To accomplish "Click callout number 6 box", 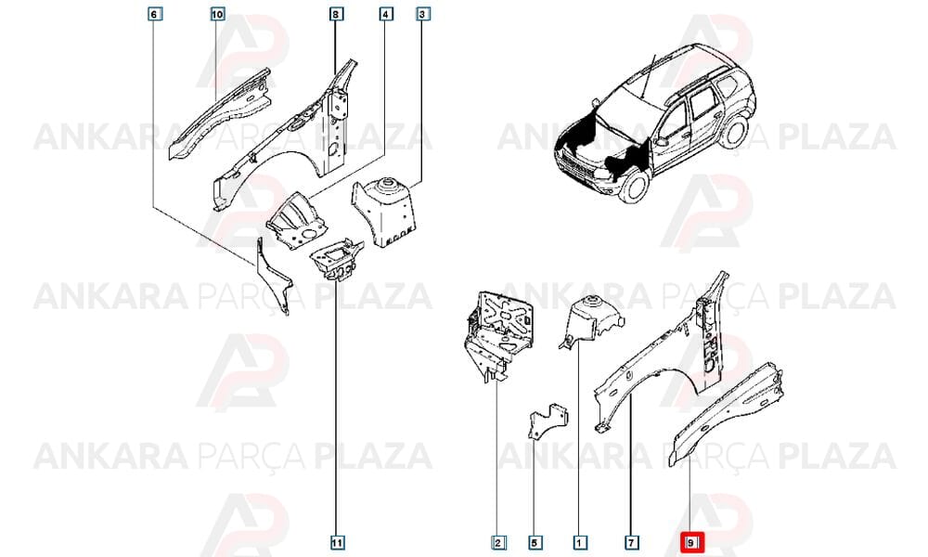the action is pyautogui.click(x=154, y=13).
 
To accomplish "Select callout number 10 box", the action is pyautogui.click(x=217, y=13).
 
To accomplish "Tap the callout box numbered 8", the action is pyautogui.click(x=336, y=13).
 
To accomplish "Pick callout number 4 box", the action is pyautogui.click(x=386, y=13).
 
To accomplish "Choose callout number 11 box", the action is pyautogui.click(x=336, y=542).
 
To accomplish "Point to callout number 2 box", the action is pyautogui.click(x=497, y=542).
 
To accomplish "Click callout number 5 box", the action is pyautogui.click(x=535, y=542).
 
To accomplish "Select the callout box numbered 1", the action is pyautogui.click(x=579, y=542).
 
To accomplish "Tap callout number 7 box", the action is pyautogui.click(x=631, y=542).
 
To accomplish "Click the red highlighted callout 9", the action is pyautogui.click(x=690, y=542).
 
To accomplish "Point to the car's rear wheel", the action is pyautogui.click(x=735, y=132).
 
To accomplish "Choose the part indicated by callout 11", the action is pyautogui.click(x=336, y=261).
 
